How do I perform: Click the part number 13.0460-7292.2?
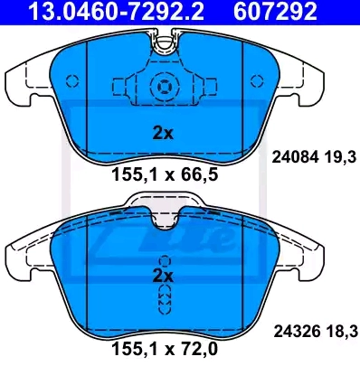click(116, 12)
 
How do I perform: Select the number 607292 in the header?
click(275, 12)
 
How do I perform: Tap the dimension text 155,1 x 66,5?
click(165, 175)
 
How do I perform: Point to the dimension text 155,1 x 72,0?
click(165, 349)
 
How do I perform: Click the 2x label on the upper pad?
click(163, 133)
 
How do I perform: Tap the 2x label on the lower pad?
click(163, 276)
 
